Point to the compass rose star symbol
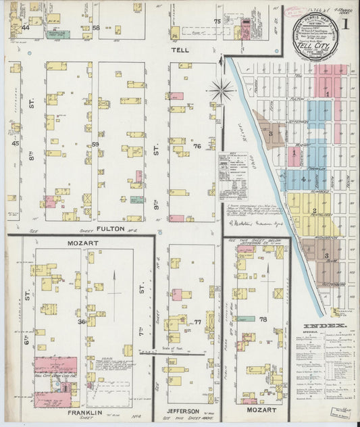tap(221, 87)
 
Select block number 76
tap(197, 145)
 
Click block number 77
tap(197, 322)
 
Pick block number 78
tap(263, 319)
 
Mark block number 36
tap(82, 322)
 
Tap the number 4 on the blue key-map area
tap(303, 179)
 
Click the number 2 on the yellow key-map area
tap(315, 211)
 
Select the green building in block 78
tap(246, 318)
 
